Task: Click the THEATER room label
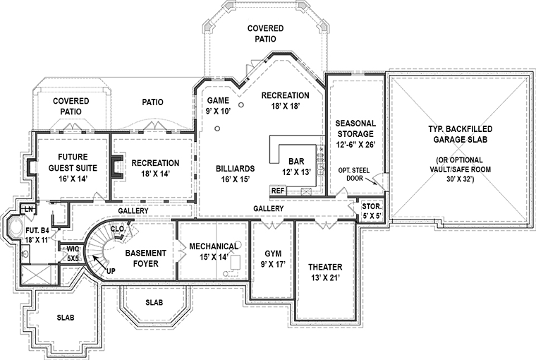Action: click(325, 267)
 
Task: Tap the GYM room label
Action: click(273, 253)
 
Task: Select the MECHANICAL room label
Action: click(214, 246)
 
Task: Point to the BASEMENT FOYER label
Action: click(145, 258)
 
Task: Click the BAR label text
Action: click(296, 161)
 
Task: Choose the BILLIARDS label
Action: click(235, 169)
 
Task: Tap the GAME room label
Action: click(218, 101)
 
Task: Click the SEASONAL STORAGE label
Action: click(355, 128)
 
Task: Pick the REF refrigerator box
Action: click(278, 191)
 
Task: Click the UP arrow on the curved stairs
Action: click(99, 263)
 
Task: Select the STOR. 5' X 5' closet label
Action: click(372, 211)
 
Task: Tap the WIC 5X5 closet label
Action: click(73, 253)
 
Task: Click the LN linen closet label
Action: click(29, 209)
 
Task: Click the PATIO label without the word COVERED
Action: click(152, 102)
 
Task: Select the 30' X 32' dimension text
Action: click(460, 179)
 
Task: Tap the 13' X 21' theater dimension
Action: click(325, 278)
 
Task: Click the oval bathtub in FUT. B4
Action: click(13, 227)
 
